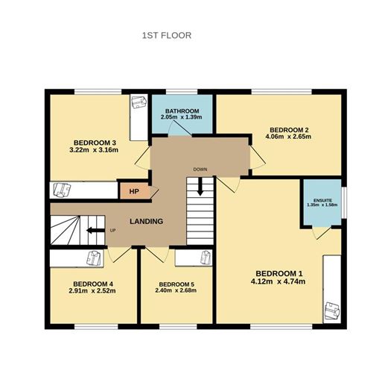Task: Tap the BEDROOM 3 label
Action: (x=95, y=143)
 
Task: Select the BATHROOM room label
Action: (x=182, y=111)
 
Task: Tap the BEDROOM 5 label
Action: (x=177, y=284)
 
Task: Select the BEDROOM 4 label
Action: (x=93, y=283)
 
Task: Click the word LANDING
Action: (x=146, y=221)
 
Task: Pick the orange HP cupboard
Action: (x=134, y=191)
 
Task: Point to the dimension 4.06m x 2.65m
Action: (x=287, y=137)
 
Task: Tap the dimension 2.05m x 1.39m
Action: (x=182, y=119)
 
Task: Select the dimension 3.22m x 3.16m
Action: (x=95, y=151)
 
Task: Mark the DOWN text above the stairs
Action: (x=200, y=169)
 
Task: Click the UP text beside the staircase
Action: (x=113, y=230)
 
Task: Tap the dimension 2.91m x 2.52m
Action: (x=93, y=291)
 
